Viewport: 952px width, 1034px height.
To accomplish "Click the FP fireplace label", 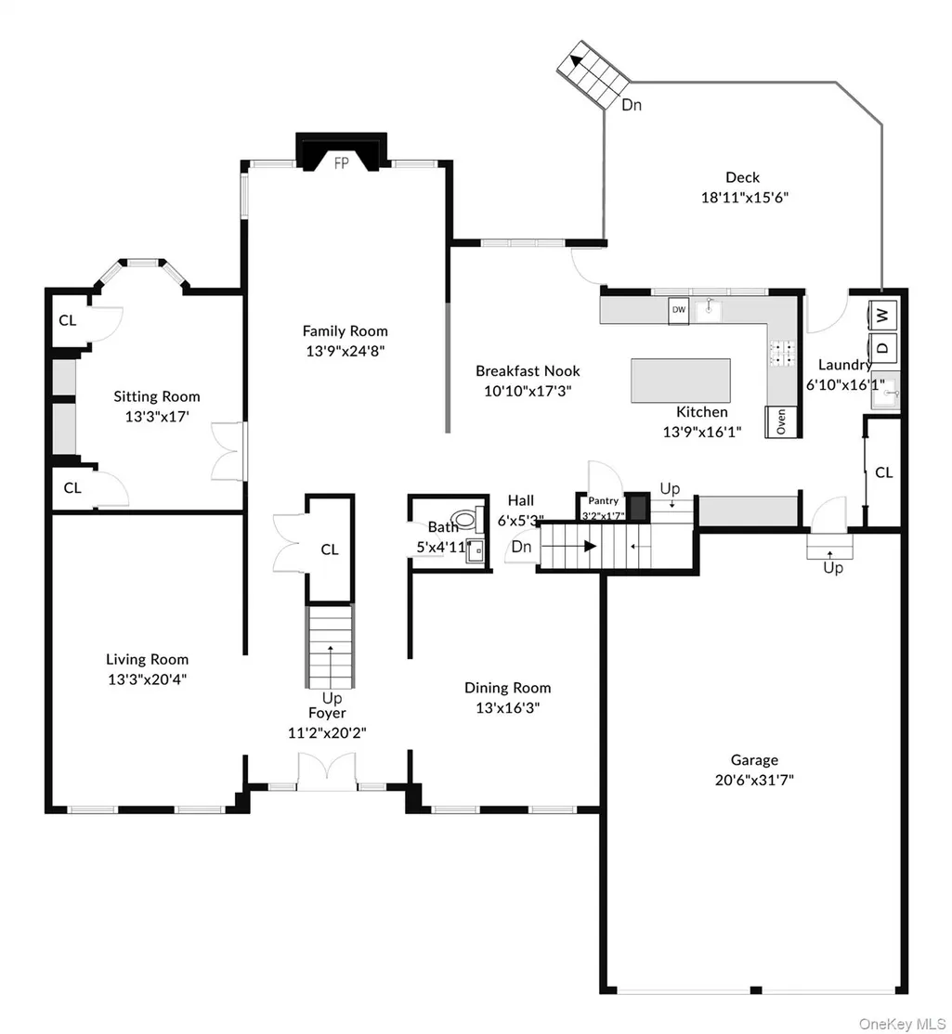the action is tap(341, 162).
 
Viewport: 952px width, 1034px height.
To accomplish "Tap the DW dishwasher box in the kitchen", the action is tap(678, 310).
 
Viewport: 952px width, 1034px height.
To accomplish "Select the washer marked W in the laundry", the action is tap(882, 316).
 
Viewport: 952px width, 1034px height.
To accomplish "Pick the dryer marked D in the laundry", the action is tap(882, 347).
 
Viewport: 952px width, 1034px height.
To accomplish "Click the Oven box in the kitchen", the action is tap(781, 421).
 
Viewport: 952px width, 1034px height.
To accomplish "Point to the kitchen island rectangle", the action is tap(680, 381).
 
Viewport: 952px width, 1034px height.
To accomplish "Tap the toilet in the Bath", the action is tap(466, 518).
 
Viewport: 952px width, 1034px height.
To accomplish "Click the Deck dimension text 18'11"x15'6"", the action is tap(744, 197).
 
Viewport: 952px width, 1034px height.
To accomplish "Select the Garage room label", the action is tap(754, 760).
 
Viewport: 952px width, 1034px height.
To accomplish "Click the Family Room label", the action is tap(346, 331).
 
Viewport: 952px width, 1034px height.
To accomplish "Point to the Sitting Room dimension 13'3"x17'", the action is tap(157, 416).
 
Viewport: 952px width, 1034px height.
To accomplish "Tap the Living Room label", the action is tap(147, 659).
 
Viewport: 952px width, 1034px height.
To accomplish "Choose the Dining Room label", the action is tap(507, 688).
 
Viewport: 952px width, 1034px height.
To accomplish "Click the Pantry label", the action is tap(604, 500).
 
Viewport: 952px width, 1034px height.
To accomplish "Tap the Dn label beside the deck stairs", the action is tap(632, 105).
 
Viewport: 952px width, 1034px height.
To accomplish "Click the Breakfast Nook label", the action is tap(528, 370).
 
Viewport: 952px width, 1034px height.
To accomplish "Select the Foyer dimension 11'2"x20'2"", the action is tap(327, 732).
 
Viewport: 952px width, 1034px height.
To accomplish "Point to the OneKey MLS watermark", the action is tap(902, 1024).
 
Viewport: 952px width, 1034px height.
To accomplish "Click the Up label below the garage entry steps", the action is tap(832, 568).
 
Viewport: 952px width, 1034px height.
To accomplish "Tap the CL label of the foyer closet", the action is tap(329, 549).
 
